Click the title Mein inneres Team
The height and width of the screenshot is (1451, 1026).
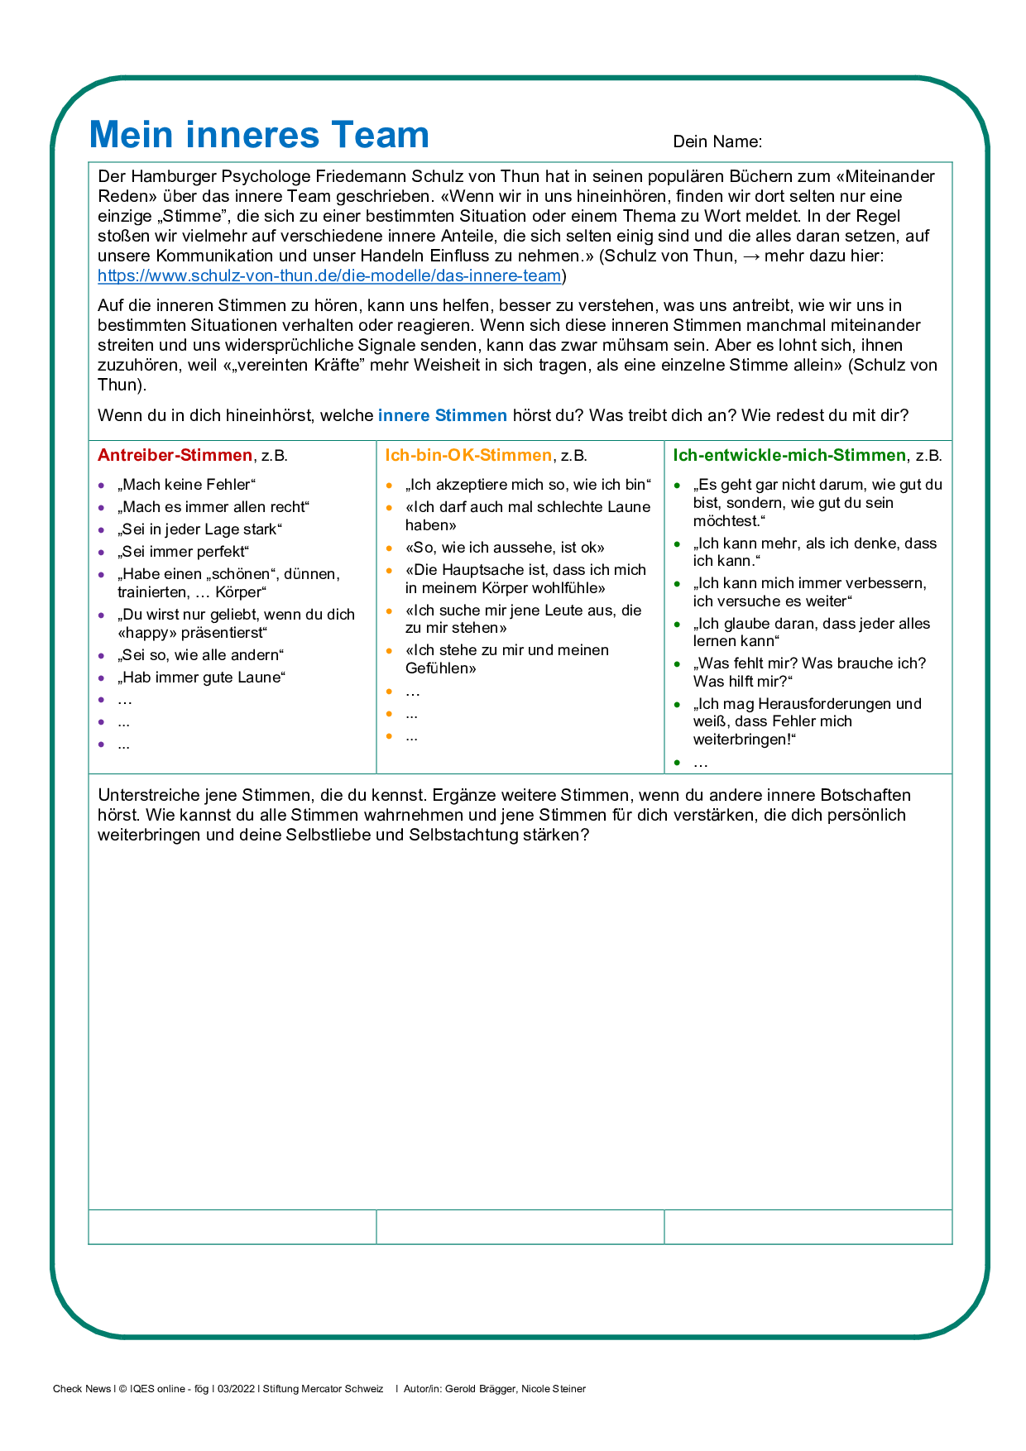[x=259, y=135]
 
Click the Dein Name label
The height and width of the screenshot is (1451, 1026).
[x=717, y=141]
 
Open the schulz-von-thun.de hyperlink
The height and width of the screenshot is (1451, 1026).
[x=329, y=275]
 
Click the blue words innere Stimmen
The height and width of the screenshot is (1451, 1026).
[x=442, y=415]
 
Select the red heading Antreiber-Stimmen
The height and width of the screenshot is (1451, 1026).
[x=175, y=455]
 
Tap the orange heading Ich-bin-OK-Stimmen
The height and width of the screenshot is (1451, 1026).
[x=468, y=455]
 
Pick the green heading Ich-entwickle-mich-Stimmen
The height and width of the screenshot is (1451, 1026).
[x=789, y=455]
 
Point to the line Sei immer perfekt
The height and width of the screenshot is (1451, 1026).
[x=183, y=552]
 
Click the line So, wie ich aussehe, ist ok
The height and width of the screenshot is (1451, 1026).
[x=505, y=548]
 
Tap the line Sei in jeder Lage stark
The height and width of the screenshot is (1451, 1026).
[x=199, y=529]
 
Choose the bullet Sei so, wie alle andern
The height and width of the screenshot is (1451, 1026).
[x=200, y=655]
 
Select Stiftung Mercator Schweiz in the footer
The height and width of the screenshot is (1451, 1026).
[x=323, y=1389]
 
